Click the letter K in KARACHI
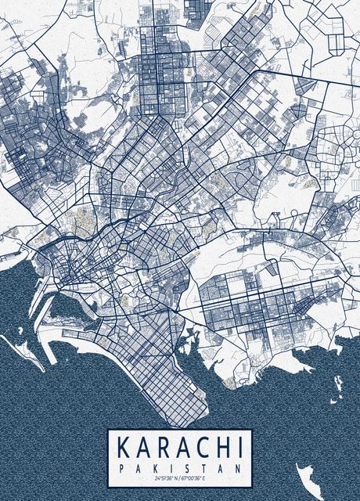coord(124,448)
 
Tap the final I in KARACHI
coord(236,448)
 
